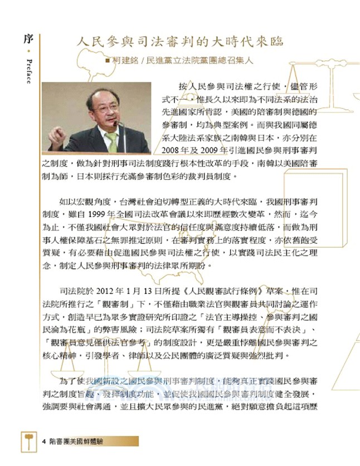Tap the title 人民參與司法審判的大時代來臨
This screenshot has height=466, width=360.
180,42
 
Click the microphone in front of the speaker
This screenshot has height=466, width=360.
115,124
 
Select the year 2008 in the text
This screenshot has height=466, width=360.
169,150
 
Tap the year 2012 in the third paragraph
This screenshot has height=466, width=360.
105,291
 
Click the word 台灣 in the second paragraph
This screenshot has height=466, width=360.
127,202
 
